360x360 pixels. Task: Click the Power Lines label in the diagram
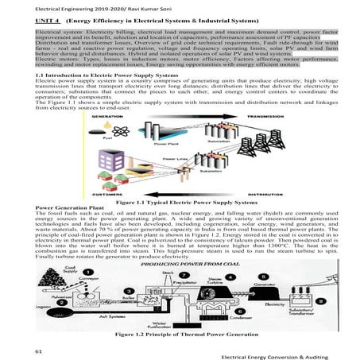click(174, 158)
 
